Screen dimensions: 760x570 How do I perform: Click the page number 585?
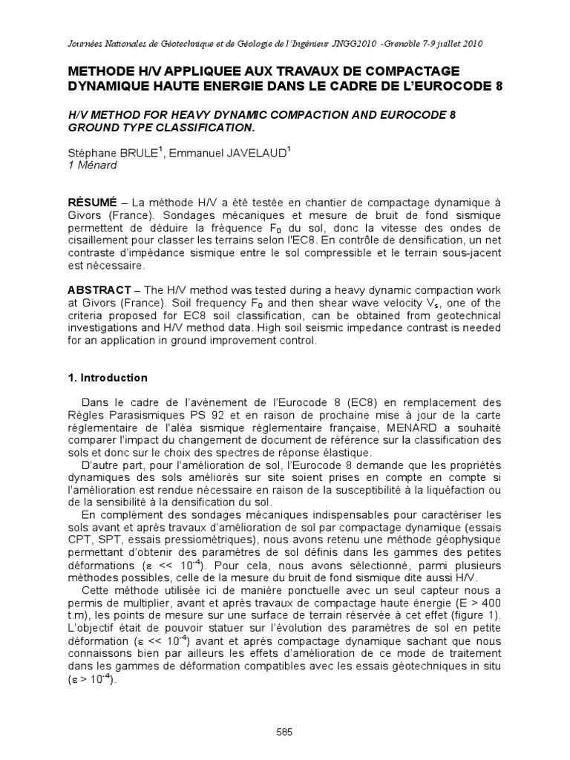(284, 731)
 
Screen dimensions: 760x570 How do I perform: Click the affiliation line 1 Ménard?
(92, 166)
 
